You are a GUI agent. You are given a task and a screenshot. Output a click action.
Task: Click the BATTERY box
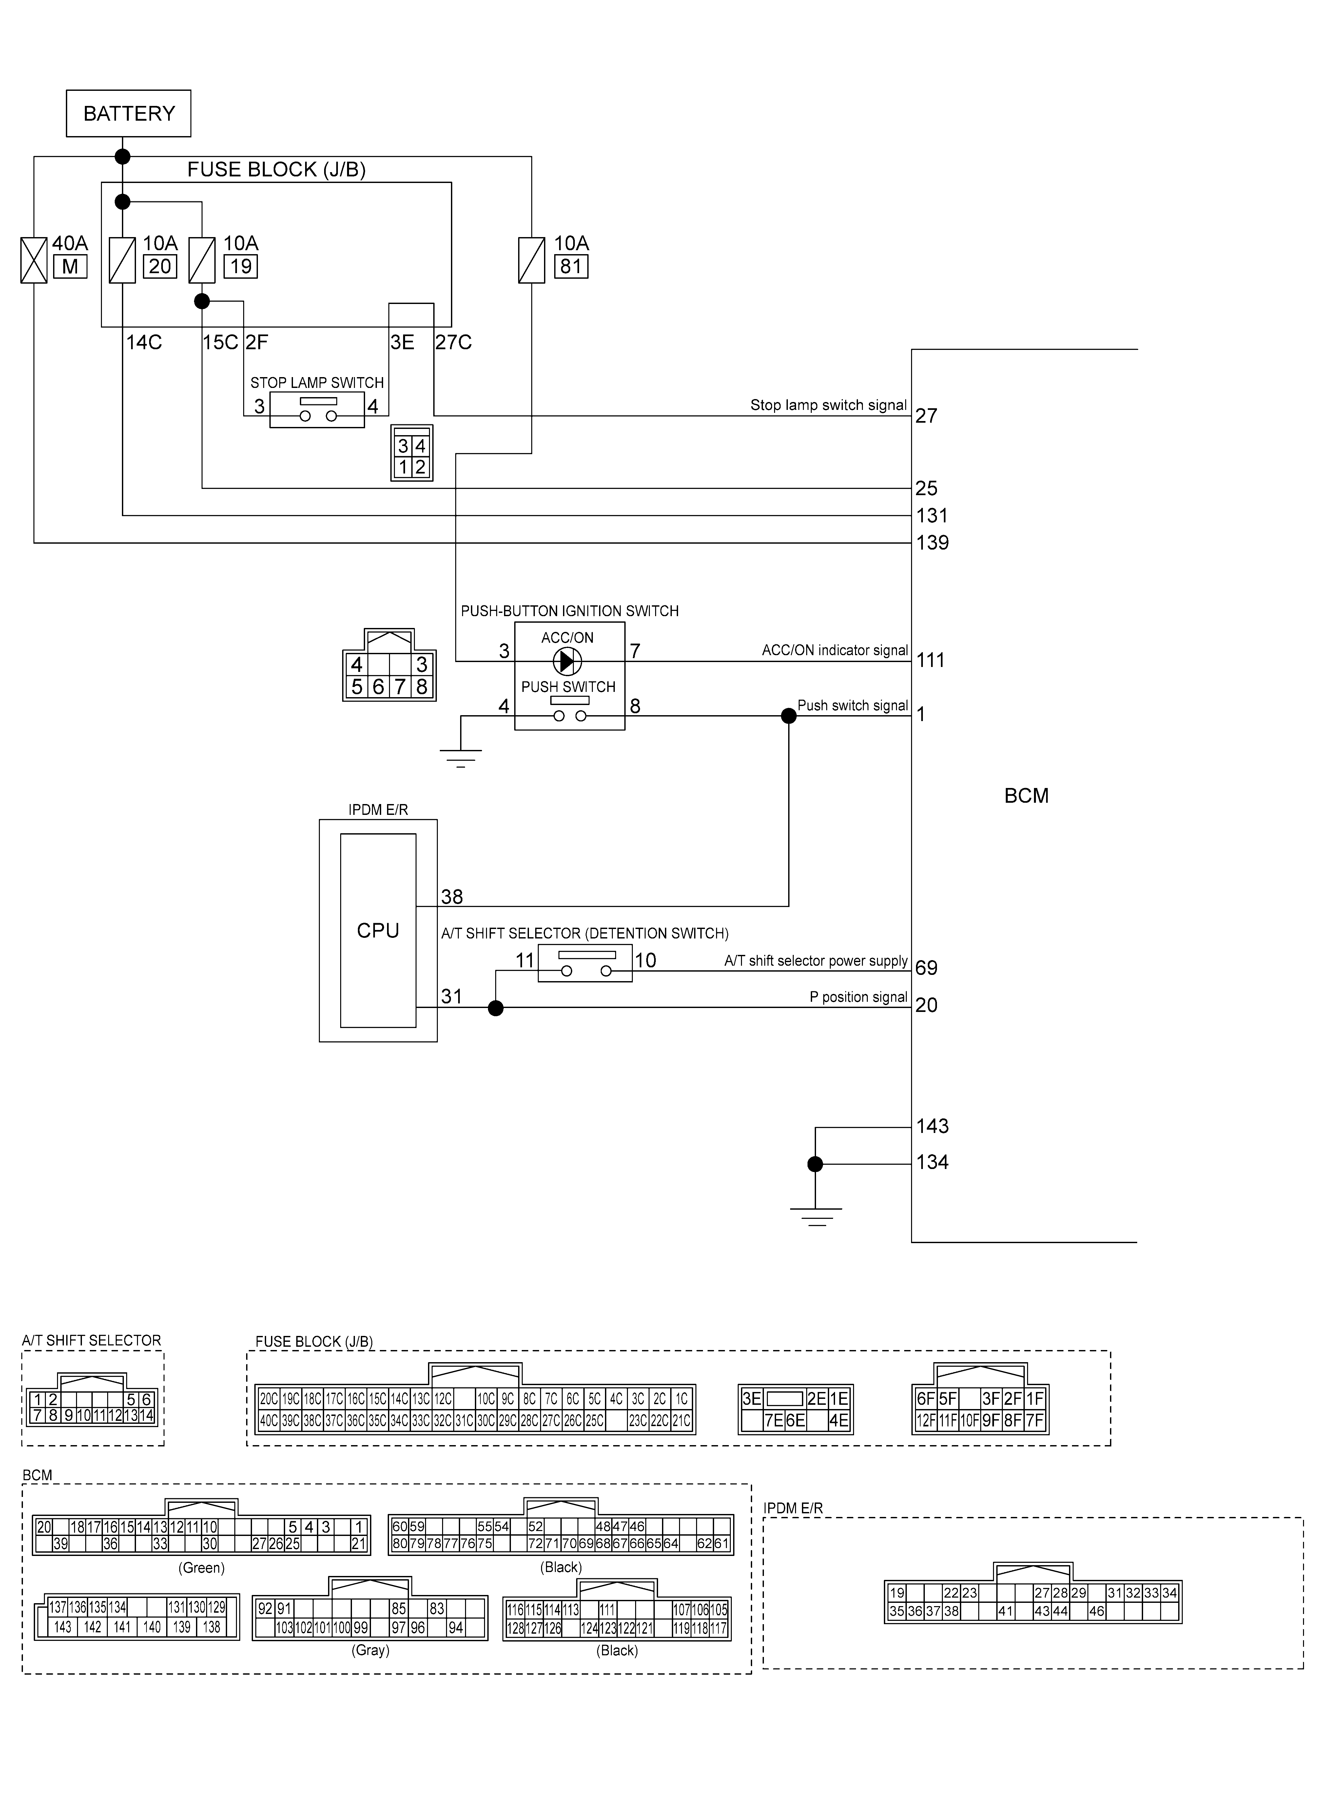tap(128, 113)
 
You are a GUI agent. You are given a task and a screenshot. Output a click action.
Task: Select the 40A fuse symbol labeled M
tap(34, 260)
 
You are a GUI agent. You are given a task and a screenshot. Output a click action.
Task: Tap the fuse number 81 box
tap(571, 266)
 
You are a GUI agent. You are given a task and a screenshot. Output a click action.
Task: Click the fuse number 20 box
tap(160, 266)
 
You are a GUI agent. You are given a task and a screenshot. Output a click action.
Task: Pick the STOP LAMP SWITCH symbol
tap(317, 410)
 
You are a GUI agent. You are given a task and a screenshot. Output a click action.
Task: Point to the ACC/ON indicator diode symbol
tap(567, 661)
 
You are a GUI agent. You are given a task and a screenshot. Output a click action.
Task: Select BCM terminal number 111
tap(930, 661)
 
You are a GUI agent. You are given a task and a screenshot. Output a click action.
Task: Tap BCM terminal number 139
tap(932, 543)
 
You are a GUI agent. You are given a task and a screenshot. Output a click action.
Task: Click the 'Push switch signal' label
tap(853, 705)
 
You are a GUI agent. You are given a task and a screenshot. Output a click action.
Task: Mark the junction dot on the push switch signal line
tap(789, 716)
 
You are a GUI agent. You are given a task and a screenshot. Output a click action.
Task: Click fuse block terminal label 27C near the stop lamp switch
tap(454, 342)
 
